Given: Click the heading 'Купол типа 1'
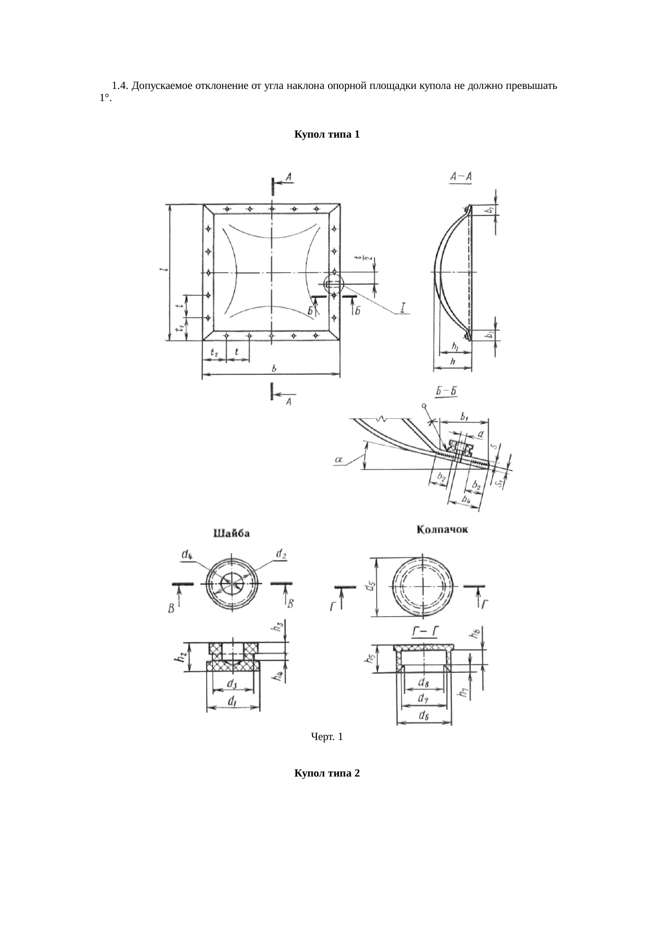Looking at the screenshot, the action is coord(327,134).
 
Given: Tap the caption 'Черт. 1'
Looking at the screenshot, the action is coord(327,736).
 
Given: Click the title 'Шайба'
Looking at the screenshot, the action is coord(232,533).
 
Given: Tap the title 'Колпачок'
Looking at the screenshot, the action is coord(442,529).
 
